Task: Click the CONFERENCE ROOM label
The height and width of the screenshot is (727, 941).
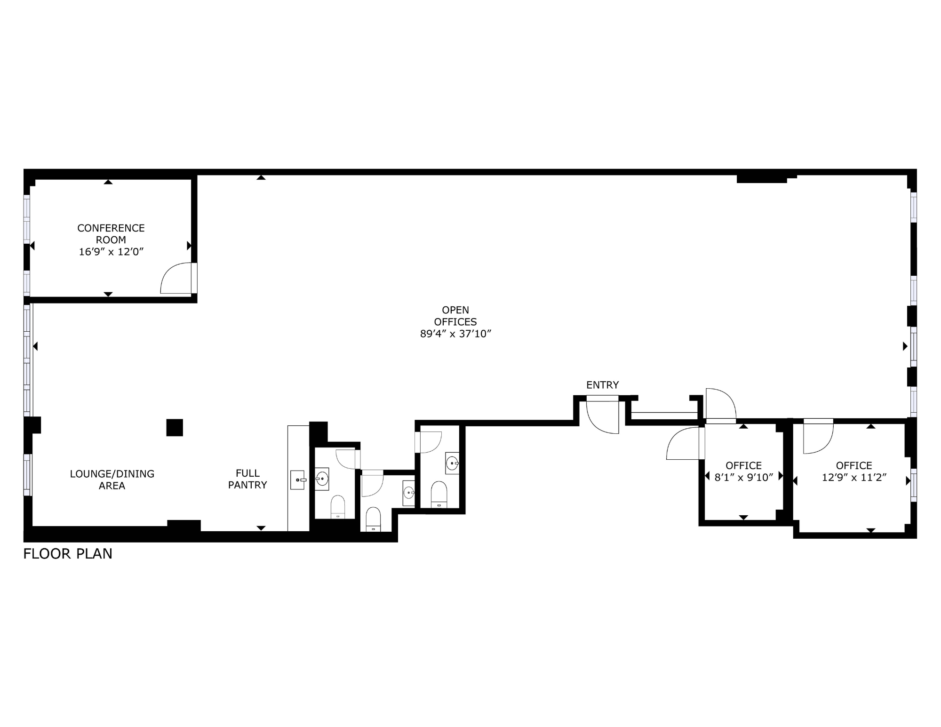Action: tap(111, 234)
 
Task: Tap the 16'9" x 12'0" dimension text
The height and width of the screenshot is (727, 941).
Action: tap(111, 252)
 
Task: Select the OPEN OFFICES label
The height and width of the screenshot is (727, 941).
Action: tap(455, 316)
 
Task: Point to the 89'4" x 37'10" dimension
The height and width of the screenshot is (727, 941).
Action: tap(455, 334)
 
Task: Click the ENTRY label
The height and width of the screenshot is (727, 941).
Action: tap(602, 385)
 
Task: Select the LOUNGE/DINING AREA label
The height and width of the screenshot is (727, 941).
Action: tap(112, 479)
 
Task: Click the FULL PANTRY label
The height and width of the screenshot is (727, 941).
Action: tap(247, 479)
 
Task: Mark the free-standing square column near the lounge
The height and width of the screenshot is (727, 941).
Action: tap(175, 428)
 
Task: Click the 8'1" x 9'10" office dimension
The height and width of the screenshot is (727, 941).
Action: tap(743, 478)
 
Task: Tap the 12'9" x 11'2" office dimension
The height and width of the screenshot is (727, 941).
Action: tap(854, 478)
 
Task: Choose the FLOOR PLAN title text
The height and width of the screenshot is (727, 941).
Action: tap(68, 554)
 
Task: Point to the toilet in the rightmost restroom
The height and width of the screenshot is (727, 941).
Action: tap(439, 494)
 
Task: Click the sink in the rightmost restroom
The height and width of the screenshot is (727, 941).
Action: tap(453, 463)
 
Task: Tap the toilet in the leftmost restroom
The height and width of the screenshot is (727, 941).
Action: tap(338, 507)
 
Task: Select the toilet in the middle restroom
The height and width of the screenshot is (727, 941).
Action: tap(373, 519)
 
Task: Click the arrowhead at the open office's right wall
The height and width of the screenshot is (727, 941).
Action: tap(905, 346)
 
